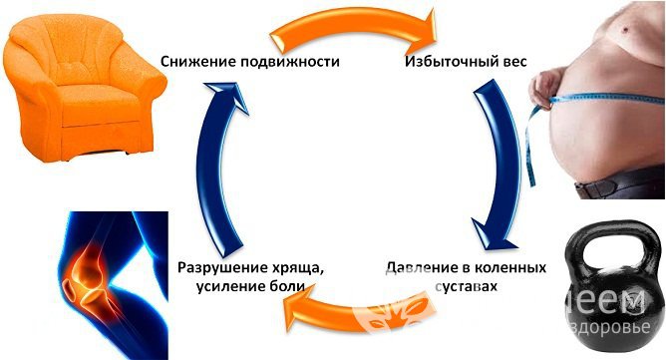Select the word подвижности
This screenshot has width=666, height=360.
click(291, 62)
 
